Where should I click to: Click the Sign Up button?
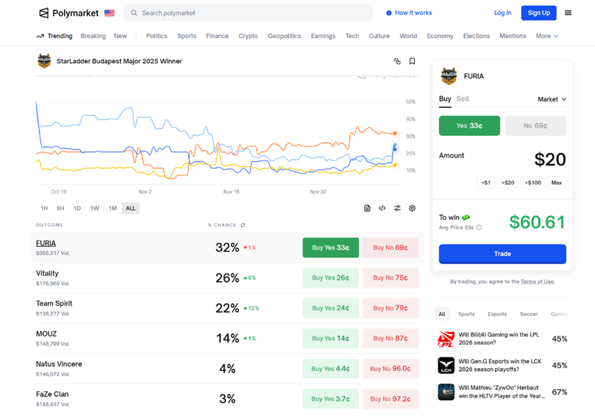538,13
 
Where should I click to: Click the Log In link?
502,13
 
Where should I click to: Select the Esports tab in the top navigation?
497,314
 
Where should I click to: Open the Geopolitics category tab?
284,36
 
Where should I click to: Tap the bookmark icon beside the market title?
412,62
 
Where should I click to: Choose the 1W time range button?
95,208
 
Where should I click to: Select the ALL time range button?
130,208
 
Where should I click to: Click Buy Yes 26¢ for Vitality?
331,278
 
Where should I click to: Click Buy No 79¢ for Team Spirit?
390,308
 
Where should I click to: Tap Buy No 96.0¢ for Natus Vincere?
390,368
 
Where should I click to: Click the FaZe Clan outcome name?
52,394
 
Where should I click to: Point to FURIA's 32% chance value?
227,247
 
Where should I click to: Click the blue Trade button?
502,254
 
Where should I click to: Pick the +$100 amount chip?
532,183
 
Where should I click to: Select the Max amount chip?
556,183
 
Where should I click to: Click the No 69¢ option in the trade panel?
535,126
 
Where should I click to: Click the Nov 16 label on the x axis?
231,192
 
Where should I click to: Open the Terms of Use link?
538,282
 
